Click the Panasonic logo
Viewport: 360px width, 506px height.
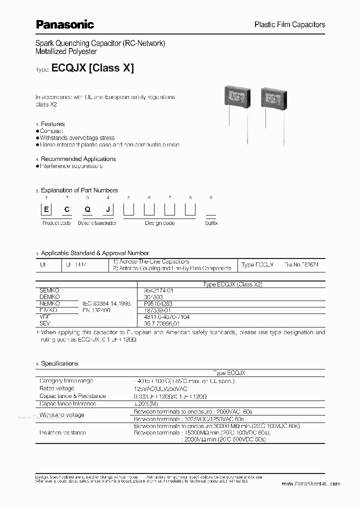point(64,23)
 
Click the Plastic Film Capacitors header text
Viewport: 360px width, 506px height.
point(289,24)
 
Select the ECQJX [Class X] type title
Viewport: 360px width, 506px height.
point(92,68)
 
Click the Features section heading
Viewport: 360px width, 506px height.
point(52,124)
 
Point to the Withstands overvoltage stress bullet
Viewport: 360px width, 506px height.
point(77,137)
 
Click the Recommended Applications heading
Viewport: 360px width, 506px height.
point(78,159)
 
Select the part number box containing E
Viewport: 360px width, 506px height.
point(46,210)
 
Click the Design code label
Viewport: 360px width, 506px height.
point(159,223)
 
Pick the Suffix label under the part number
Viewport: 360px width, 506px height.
point(211,223)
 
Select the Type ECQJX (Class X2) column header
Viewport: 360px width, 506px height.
point(232,284)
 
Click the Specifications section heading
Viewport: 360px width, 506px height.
point(59,363)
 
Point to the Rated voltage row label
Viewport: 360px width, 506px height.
point(56,388)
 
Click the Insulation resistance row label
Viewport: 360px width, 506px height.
point(62,432)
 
